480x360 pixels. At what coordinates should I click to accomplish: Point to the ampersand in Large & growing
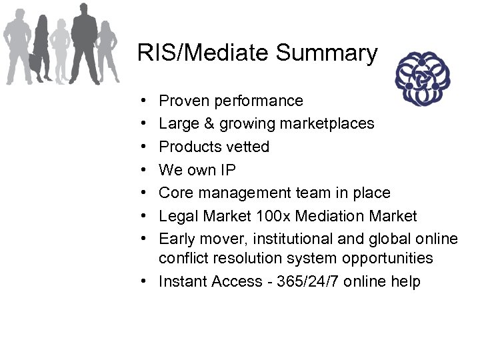click(x=212, y=123)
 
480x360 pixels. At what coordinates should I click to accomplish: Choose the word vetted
click(x=247, y=147)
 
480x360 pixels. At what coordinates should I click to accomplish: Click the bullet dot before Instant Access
click(x=145, y=281)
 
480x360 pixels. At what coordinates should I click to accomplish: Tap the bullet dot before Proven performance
click(x=145, y=101)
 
